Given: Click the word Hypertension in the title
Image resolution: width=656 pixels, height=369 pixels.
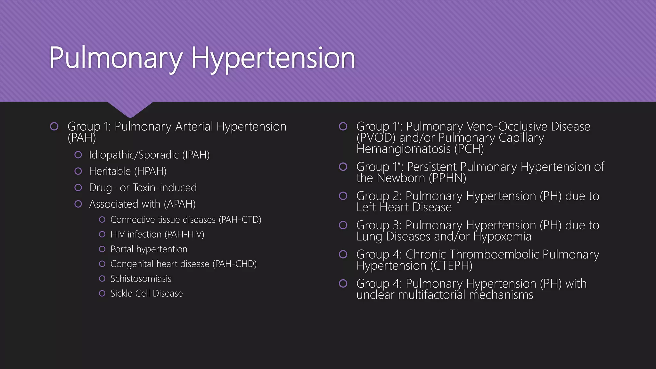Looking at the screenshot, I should point(273,58).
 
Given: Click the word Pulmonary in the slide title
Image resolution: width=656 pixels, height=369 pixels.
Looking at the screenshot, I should point(116,58).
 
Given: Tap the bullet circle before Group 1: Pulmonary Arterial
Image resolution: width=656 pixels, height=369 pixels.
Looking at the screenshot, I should point(54,127).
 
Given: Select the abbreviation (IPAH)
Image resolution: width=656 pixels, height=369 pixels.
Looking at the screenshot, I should point(196,155).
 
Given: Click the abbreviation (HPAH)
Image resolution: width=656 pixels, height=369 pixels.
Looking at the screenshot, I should point(150,171).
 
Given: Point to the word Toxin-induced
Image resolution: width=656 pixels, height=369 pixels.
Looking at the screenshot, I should point(165,188).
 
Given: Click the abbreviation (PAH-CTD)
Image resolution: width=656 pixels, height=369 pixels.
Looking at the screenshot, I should point(240,220).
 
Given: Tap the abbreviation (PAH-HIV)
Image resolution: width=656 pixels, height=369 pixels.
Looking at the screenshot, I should point(184,234).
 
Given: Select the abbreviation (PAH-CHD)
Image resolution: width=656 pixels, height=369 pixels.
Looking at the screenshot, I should point(234,264).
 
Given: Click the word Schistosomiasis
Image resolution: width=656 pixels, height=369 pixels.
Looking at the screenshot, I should point(141,279).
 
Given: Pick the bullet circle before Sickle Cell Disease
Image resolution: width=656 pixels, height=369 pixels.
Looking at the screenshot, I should point(102,293).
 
